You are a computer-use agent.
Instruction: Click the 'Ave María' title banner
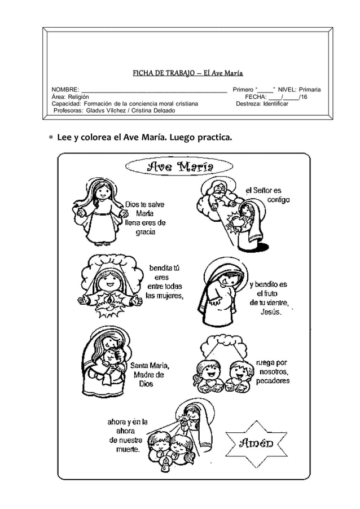click(x=180, y=166)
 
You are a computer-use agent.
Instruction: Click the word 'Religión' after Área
click(x=77, y=97)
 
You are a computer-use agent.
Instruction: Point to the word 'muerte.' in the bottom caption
click(x=126, y=449)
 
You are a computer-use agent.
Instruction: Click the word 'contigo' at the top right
click(x=279, y=200)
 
